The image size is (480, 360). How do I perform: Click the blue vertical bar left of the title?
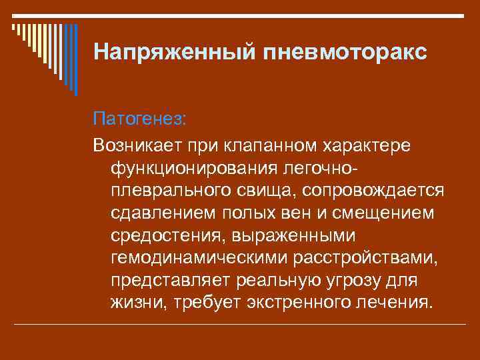[x=75, y=60]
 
